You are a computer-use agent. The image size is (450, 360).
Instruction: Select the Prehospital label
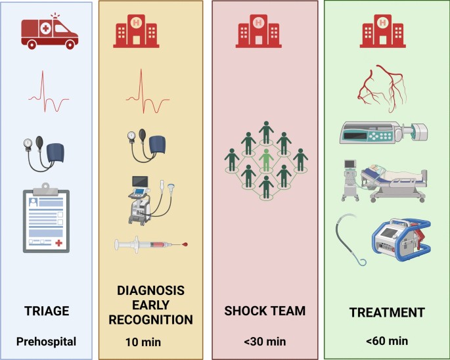tap(47, 341)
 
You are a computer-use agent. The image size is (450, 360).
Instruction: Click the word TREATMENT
tap(387, 313)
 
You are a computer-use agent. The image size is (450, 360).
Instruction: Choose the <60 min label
tap(388, 341)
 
